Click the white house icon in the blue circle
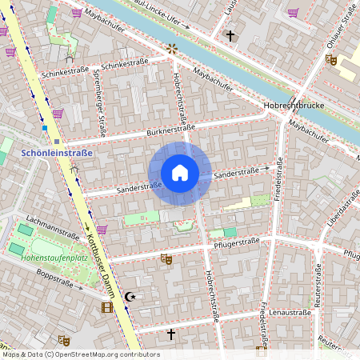coord(179,173)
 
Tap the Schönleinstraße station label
coord(57,152)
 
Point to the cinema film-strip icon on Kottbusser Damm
coord(107,306)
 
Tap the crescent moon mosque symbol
coord(130,298)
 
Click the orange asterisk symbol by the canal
coord(171,49)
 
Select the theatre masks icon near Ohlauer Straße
coord(331,59)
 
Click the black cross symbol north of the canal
coord(230,35)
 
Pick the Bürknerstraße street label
coord(170,130)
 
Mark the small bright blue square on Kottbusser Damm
coord(45,128)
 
